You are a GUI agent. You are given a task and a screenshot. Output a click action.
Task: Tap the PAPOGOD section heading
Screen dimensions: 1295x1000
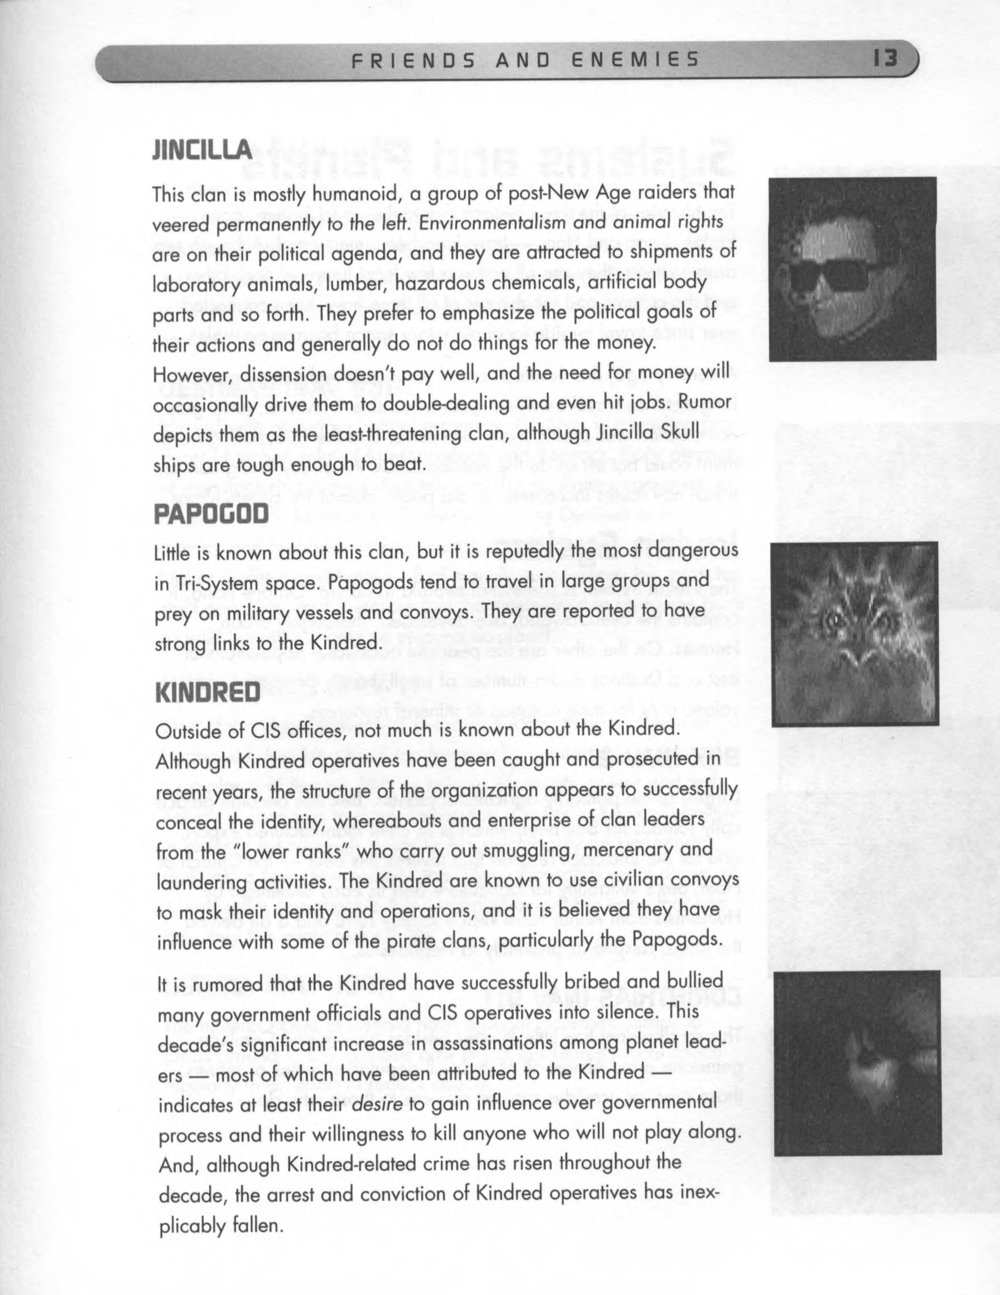tap(211, 514)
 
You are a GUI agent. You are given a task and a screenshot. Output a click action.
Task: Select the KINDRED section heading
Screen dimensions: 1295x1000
tap(207, 692)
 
